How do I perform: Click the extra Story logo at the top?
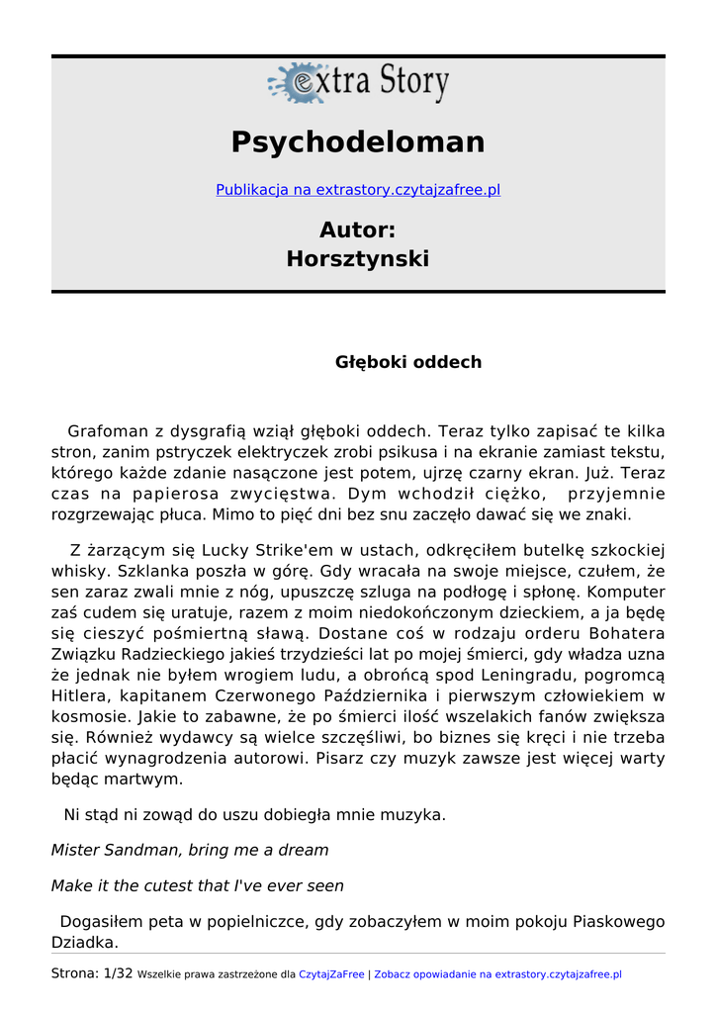pyautogui.click(x=358, y=83)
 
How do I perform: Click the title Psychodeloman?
pyautogui.click(x=358, y=142)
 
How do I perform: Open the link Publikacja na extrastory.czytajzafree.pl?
pyautogui.click(x=358, y=190)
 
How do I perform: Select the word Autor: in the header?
pyautogui.click(x=358, y=230)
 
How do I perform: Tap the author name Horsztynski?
pyautogui.click(x=358, y=259)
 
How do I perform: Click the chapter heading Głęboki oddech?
pyautogui.click(x=408, y=362)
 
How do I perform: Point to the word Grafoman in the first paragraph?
pyautogui.click(x=106, y=431)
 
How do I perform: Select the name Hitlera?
pyautogui.click(x=79, y=695)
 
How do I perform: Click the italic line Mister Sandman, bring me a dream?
pyautogui.click(x=190, y=850)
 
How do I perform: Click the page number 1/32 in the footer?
pyautogui.click(x=118, y=973)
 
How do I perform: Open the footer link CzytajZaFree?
pyautogui.click(x=331, y=974)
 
